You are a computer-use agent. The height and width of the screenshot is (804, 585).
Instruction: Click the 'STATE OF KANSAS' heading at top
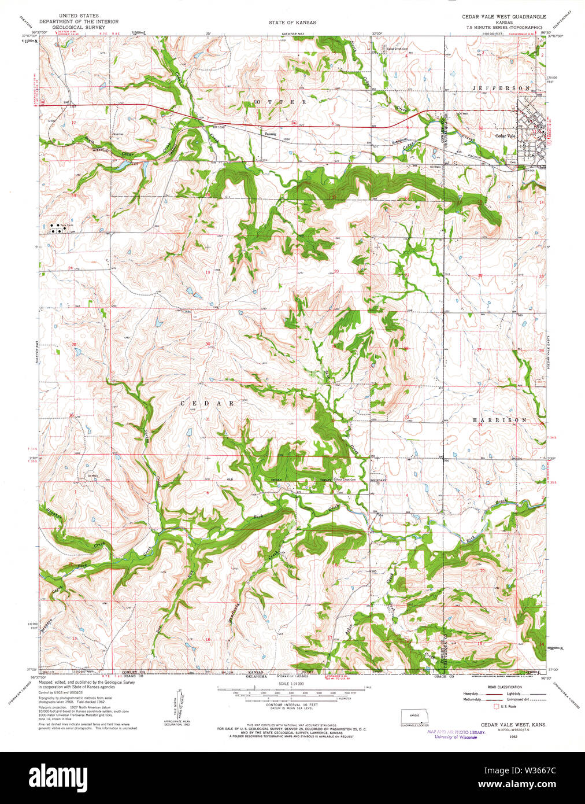point(292,22)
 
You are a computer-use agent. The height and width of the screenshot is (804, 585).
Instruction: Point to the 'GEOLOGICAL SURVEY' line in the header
point(79,27)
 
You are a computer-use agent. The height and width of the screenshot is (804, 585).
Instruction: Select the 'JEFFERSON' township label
point(501,88)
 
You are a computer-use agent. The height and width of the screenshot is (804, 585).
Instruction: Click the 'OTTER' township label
point(280,102)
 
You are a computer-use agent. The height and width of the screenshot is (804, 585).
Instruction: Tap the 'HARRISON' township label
point(499,420)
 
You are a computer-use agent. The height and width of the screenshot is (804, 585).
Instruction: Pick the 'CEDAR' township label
point(207,403)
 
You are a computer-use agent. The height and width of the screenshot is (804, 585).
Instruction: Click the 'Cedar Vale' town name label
point(505,136)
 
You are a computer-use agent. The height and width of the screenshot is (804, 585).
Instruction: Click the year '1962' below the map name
point(513,737)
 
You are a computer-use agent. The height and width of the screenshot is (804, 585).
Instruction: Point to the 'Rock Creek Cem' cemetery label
point(345,480)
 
